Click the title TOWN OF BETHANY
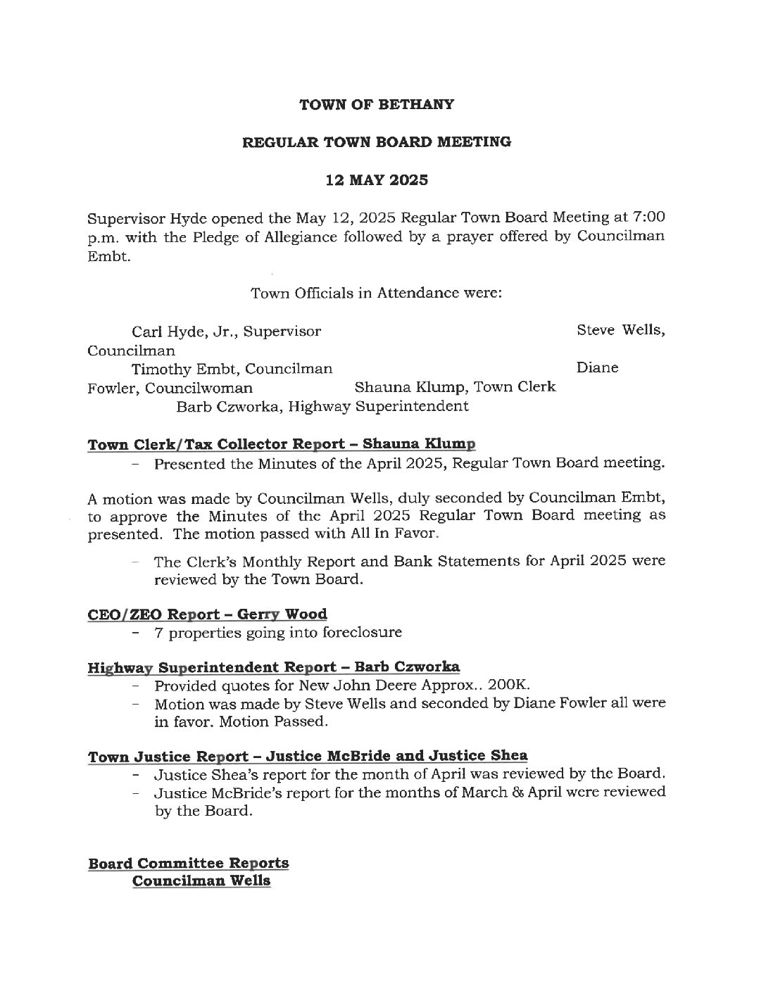click(x=377, y=105)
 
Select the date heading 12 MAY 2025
click(x=377, y=179)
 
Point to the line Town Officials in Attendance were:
click(x=377, y=293)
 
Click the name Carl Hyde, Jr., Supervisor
click(x=227, y=331)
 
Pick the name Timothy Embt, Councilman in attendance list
click(x=232, y=368)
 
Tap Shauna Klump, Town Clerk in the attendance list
click(x=455, y=387)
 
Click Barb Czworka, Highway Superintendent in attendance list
click(x=322, y=406)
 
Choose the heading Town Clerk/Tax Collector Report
click(x=281, y=445)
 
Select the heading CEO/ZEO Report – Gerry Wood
click(x=207, y=614)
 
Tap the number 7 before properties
click(x=159, y=632)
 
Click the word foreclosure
click(x=362, y=632)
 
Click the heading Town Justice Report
click(x=168, y=757)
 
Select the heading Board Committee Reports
click(x=188, y=863)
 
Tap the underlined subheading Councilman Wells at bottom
click(x=201, y=880)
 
